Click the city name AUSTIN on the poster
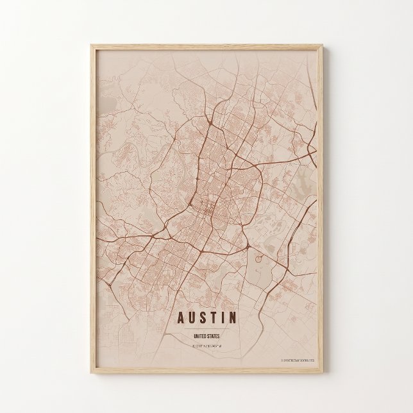click(x=206, y=317)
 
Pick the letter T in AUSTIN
click(x=214, y=317)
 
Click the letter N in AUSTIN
click(x=233, y=317)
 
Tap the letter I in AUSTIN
click(x=223, y=317)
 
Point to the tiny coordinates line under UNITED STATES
click(x=206, y=346)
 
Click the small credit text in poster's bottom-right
click(x=298, y=361)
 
